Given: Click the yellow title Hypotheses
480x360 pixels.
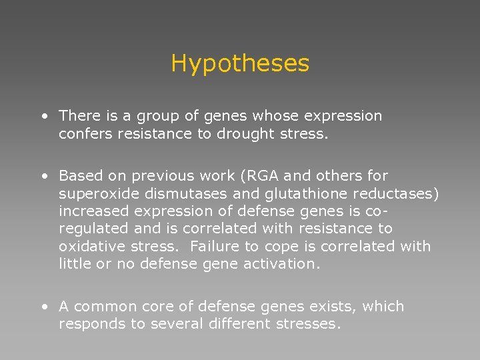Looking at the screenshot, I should pos(240,63).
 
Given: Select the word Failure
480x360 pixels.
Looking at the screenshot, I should pos(214,246).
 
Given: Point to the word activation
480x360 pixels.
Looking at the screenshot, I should pos(285,263).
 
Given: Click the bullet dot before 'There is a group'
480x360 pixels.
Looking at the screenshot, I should pos(43,117).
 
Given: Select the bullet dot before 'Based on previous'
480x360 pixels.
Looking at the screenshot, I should pos(43,177).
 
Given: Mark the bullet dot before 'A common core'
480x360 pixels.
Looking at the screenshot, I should pos(43,307).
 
